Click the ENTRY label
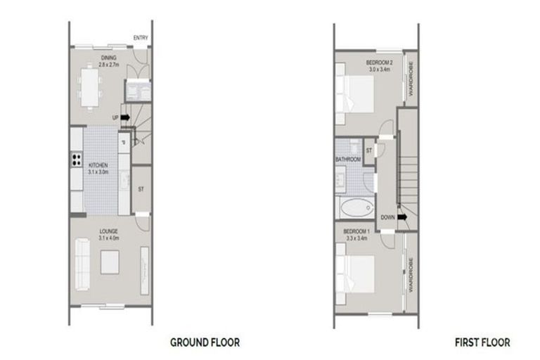pyautogui.click(x=141, y=38)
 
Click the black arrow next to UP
pyautogui.click(x=125, y=117)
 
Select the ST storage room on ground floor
pyautogui.click(x=141, y=188)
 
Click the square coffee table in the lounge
pyautogui.click(x=110, y=262)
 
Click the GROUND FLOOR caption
pyautogui.click(x=205, y=342)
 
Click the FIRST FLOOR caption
pyautogui.click(x=482, y=342)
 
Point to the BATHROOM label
pyautogui.click(x=348, y=160)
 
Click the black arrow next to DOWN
pyautogui.click(x=402, y=217)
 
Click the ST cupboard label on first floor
pyautogui.click(x=368, y=149)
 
